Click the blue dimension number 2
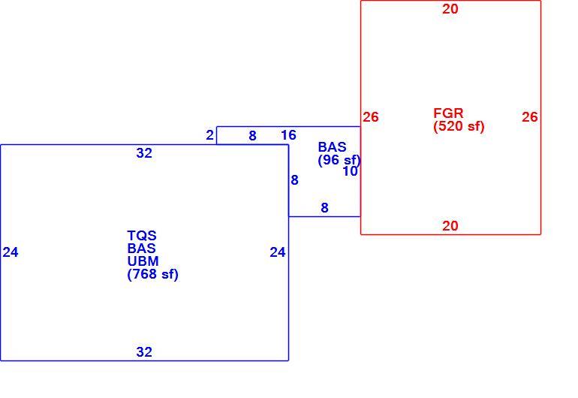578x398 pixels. pyautogui.click(x=209, y=135)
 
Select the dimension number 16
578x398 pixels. pyautogui.click(x=288, y=135)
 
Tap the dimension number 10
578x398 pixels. pyautogui.click(x=351, y=171)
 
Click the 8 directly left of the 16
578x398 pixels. pyautogui.click(x=252, y=136)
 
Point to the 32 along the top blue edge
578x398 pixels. pyautogui.click(x=144, y=153)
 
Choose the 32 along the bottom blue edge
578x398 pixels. pyautogui.click(x=144, y=352)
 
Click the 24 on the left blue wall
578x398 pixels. pyautogui.click(x=11, y=252)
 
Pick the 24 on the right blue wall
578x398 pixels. pyautogui.click(x=278, y=252)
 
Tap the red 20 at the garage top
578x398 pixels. pyautogui.click(x=450, y=9)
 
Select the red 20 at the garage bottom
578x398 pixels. pyautogui.click(x=450, y=226)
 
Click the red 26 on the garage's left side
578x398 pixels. pyautogui.click(x=371, y=117)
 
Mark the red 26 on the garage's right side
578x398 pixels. pyautogui.click(x=530, y=117)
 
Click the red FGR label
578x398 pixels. pyautogui.click(x=448, y=113)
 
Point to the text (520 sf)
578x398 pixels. pyautogui.click(x=459, y=126)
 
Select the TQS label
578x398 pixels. pyautogui.click(x=142, y=235)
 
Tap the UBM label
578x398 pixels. pyautogui.click(x=143, y=261)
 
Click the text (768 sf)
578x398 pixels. pyautogui.click(x=152, y=274)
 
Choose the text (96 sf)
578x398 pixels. pyautogui.click(x=339, y=160)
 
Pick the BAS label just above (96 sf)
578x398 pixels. pyautogui.click(x=332, y=147)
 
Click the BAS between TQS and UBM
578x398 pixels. pyautogui.click(x=142, y=249)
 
